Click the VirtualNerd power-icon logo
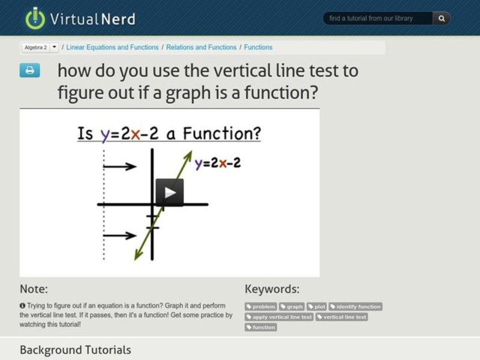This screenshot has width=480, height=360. point(35,18)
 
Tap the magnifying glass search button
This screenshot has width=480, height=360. point(442,19)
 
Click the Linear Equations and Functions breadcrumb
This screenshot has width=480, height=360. point(112,47)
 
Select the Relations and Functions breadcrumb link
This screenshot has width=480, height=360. point(201,47)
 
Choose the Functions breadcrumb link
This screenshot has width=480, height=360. point(258,47)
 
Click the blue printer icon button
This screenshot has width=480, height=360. point(29,70)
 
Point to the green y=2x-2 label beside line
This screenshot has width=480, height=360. point(217,163)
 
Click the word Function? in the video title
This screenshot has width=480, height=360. point(222,133)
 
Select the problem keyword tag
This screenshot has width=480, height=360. point(261,307)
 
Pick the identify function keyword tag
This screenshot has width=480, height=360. point(355,307)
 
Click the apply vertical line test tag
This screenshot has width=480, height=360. point(279,317)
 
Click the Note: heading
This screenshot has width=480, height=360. point(34,289)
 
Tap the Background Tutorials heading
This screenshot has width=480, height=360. point(75,349)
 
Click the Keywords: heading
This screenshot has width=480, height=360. point(272,289)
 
